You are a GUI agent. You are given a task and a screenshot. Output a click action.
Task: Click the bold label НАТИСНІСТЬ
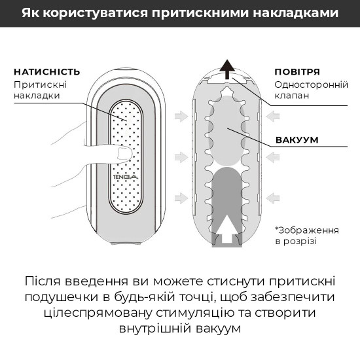click(x=46, y=71)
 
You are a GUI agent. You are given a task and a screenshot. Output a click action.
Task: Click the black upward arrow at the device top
click(x=227, y=67)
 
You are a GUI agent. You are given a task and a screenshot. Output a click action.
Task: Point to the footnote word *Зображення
click(x=307, y=230)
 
